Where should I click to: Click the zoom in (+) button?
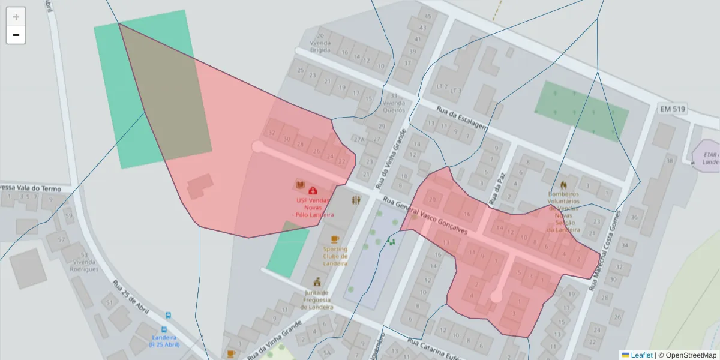tap(16, 17)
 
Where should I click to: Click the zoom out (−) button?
tap(16, 35)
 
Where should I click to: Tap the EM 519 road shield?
tap(673, 109)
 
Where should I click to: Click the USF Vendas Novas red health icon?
tap(313, 190)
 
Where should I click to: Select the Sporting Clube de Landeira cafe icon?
tap(334, 239)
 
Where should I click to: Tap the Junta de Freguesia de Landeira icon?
tap(316, 282)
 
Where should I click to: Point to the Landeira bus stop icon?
tap(168, 315)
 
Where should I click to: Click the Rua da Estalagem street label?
tap(462, 118)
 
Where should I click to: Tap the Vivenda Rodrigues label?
tap(85, 266)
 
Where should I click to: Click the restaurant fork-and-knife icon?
tap(356, 200)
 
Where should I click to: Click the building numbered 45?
tap(427, 16)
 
